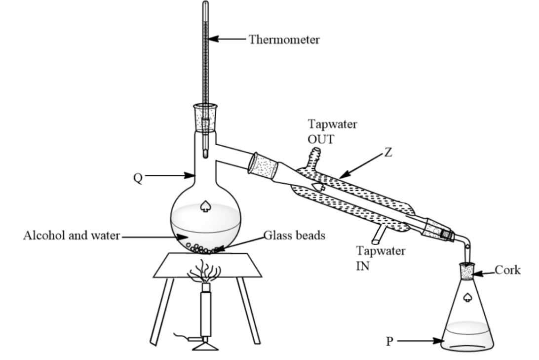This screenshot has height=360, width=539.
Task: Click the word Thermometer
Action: (284, 40)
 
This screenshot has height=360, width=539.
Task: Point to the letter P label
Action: (389, 341)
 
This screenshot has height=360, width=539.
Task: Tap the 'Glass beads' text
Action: (295, 236)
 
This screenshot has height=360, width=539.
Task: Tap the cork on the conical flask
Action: (467, 271)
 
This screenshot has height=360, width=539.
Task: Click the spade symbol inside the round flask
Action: (205, 206)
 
